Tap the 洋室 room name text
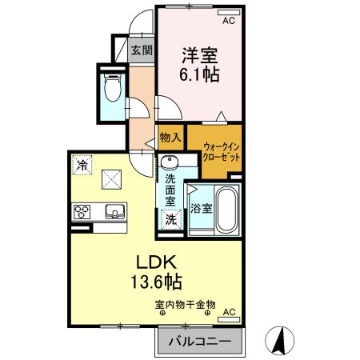click(x=200, y=56)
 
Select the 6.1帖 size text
click(x=200, y=77)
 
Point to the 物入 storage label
click(x=170, y=138)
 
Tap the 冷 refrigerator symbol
click(x=82, y=165)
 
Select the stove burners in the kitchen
click(x=82, y=213)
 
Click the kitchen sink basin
click(x=113, y=213)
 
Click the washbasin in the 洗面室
click(x=170, y=166)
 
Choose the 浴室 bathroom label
click(x=201, y=210)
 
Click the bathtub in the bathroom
click(x=226, y=210)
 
